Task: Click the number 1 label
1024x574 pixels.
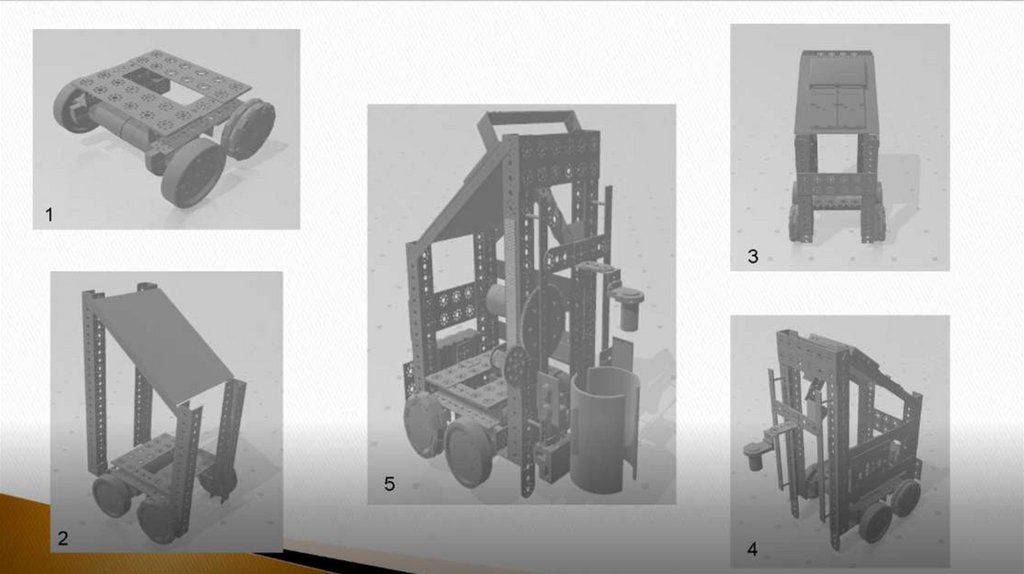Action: [x=49, y=214]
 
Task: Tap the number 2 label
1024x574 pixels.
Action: [x=63, y=539]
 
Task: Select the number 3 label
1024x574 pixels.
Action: [x=753, y=257]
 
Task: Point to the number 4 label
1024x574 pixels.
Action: [x=752, y=549]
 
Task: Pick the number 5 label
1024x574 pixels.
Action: [x=389, y=484]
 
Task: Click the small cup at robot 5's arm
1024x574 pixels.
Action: [x=629, y=310]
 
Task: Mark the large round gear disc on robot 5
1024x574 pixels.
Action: [x=541, y=312]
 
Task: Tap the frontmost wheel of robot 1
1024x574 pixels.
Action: [x=194, y=172]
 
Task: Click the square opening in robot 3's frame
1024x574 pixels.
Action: [x=837, y=154]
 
